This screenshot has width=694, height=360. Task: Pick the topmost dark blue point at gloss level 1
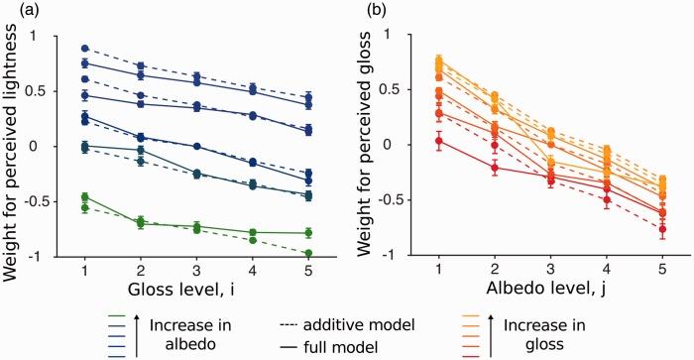85,49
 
